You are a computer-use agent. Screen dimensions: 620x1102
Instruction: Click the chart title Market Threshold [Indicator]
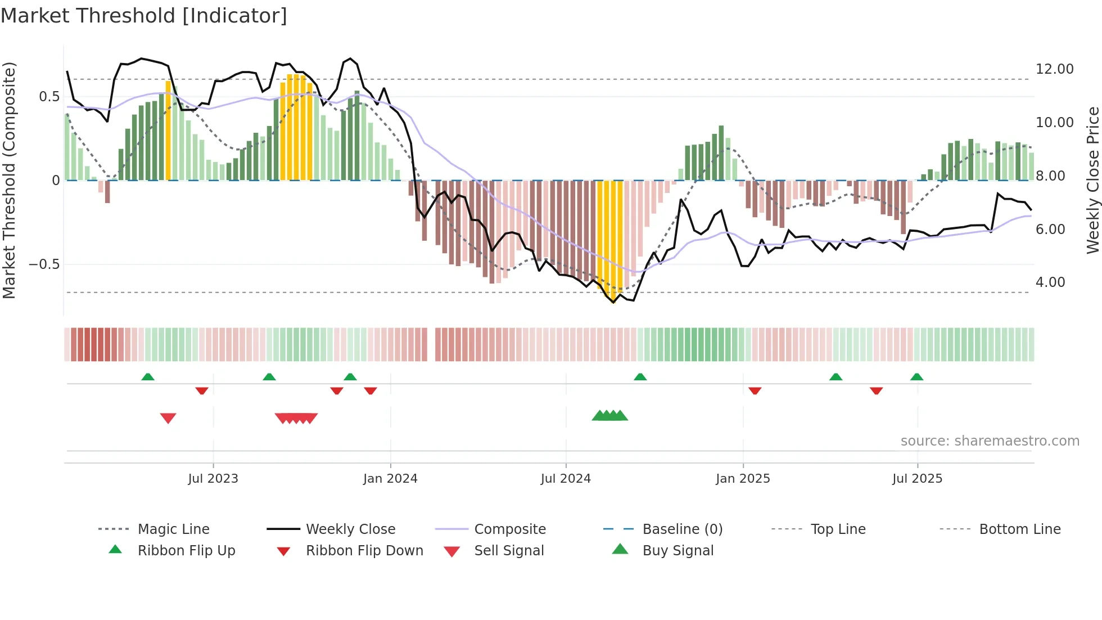click(x=144, y=16)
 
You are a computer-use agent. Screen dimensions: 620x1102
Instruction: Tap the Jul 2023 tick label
click(x=213, y=479)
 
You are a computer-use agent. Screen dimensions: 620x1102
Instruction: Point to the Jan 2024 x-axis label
click(x=390, y=479)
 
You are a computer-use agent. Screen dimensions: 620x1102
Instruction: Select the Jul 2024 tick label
click(x=566, y=479)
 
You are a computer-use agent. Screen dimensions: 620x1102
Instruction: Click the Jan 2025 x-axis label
click(x=743, y=479)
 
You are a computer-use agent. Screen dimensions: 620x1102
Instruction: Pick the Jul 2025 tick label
click(x=917, y=479)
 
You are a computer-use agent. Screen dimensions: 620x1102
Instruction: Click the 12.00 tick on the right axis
click(x=1054, y=69)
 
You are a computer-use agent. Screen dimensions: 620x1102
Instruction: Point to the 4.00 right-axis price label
click(x=1050, y=282)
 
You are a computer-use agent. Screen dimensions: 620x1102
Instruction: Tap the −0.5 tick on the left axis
click(x=44, y=264)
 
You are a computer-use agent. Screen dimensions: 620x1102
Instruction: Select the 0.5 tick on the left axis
click(x=49, y=97)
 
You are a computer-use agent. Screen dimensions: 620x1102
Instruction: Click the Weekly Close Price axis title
click(x=1092, y=180)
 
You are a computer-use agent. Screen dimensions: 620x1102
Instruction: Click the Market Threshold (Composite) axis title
click(x=9, y=180)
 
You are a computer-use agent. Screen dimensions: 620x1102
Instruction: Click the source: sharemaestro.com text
click(x=990, y=441)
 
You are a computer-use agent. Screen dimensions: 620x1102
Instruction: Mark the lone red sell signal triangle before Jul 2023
click(x=168, y=418)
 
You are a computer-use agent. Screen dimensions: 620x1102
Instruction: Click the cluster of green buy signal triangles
click(x=610, y=416)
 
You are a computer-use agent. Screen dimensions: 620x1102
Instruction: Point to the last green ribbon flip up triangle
click(x=916, y=377)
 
